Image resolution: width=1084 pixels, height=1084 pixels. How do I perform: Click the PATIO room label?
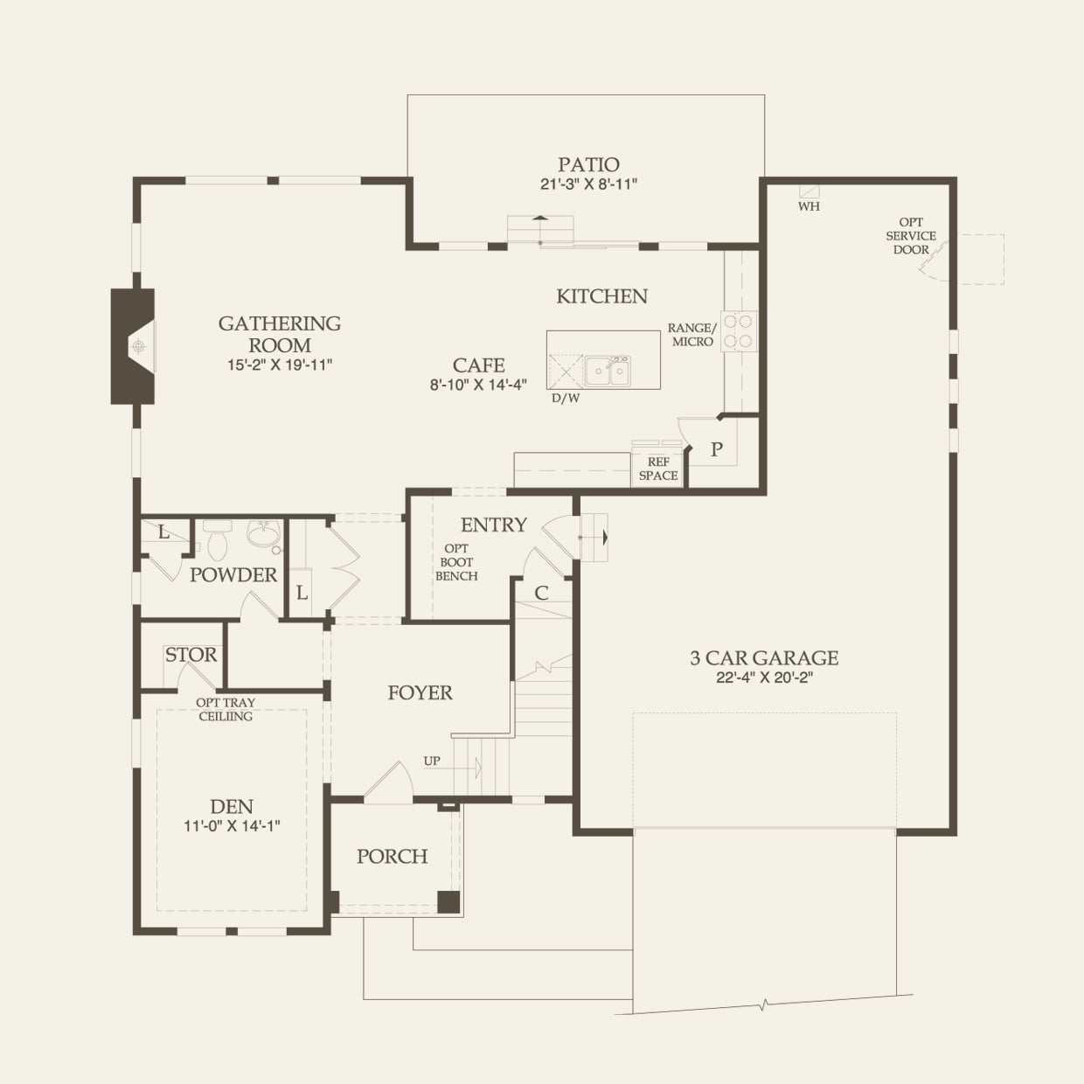point(588,165)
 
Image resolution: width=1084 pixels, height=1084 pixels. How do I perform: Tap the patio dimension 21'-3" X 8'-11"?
point(588,184)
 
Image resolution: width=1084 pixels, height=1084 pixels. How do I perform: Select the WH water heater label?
point(809,206)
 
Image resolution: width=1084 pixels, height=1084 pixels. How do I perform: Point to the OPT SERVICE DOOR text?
point(911,236)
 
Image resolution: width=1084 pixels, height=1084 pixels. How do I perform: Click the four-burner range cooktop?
point(739,330)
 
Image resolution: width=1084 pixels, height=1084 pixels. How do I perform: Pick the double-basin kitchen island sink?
point(607,372)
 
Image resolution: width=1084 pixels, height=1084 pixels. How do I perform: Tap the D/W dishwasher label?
point(566,399)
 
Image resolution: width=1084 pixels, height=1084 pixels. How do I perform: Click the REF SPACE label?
point(658,469)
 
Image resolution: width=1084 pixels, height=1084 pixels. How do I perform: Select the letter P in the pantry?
point(716,449)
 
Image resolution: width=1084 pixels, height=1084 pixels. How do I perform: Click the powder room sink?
point(264,534)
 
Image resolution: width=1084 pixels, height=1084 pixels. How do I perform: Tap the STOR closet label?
point(191,655)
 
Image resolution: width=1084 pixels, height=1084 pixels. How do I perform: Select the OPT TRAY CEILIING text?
point(226,709)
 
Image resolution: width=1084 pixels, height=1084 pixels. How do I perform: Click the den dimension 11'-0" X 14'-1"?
point(232,826)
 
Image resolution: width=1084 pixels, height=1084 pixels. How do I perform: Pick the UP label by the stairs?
point(432,761)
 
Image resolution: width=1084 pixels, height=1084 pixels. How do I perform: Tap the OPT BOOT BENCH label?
point(456,562)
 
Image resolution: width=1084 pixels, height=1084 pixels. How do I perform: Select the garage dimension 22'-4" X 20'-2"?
point(764,677)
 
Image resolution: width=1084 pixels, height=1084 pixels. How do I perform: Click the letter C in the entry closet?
point(541,593)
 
